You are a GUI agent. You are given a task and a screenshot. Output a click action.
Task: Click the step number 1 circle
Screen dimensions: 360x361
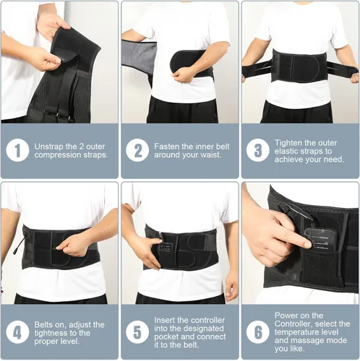pos(17,150)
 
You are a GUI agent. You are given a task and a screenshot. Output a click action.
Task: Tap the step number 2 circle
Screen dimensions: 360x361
pos(137,150)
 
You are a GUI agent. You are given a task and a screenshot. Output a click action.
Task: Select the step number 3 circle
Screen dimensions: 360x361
pos(257,150)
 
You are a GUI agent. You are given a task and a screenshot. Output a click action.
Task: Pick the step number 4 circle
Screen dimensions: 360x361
pos(17,332)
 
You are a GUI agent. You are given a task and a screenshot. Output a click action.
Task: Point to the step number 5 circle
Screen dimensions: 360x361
pos(137,332)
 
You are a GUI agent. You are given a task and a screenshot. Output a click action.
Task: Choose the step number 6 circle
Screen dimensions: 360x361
pos(257,332)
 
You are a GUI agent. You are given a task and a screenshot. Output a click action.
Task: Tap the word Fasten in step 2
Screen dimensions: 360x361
pos(166,147)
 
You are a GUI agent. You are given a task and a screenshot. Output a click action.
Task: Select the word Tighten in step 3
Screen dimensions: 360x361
pos(288,143)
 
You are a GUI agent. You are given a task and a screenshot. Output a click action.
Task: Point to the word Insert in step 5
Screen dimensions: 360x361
pos(164,320)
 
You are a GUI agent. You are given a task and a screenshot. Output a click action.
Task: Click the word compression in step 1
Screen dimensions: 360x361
pos(58,155)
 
